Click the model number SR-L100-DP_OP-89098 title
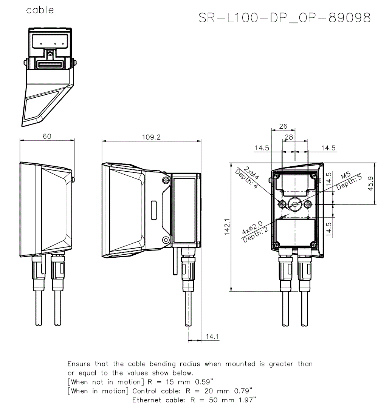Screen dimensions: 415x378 pos(285,18)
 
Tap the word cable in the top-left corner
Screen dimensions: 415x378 pos(40,10)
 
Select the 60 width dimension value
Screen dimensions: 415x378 pos(47,137)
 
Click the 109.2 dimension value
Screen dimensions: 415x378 pos(151,137)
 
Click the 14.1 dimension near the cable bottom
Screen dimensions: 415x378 pos(212,337)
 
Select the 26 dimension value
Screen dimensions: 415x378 pos(283,126)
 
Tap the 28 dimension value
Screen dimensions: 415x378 pos(289,138)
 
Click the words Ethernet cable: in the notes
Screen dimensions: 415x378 pos(159,400)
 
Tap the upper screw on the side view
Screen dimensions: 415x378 pos(165,180)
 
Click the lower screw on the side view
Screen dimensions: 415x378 pos(165,240)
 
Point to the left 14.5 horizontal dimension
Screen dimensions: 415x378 pos(262,148)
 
